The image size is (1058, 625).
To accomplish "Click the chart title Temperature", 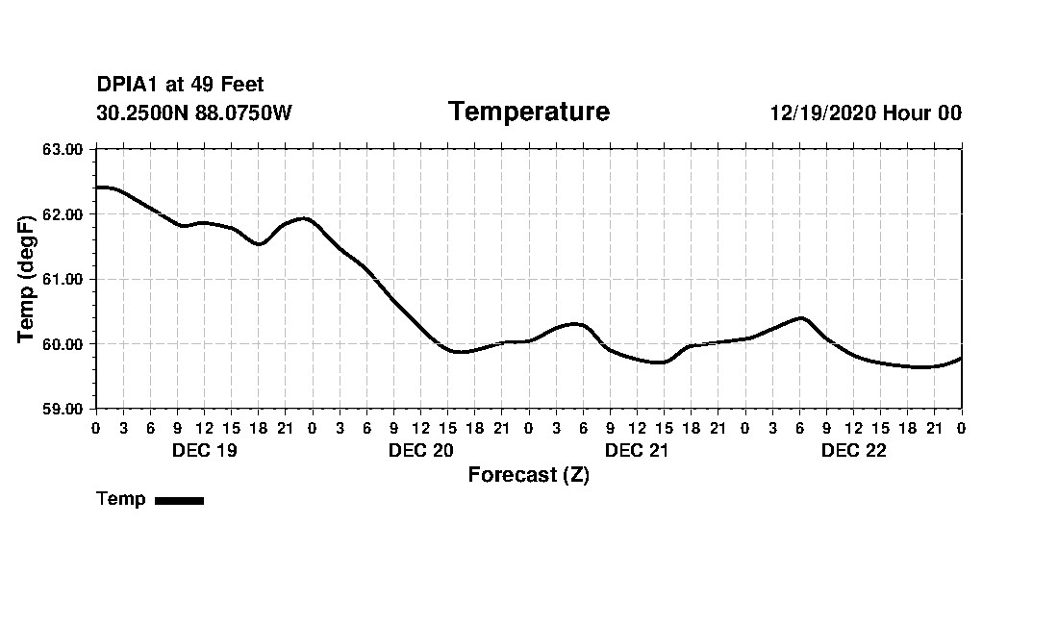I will (528, 112).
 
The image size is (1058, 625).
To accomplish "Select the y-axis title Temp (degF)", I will (28, 279).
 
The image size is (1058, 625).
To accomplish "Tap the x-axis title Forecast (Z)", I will (528, 475).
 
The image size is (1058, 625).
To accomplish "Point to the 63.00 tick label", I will (64, 149).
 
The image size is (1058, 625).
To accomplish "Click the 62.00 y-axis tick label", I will (64, 214).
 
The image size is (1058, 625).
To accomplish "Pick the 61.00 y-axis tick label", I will (64, 279).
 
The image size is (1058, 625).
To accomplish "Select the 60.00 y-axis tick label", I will (64, 344).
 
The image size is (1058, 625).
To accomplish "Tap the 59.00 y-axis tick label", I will (64, 409).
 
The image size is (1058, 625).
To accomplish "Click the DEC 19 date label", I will (204, 451).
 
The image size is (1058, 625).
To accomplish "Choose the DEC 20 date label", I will (420, 451).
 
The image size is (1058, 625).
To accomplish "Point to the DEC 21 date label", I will (637, 451).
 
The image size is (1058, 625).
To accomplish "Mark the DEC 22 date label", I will (853, 451).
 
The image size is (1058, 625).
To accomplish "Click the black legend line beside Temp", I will (179, 500).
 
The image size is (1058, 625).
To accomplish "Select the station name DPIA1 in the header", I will (128, 86).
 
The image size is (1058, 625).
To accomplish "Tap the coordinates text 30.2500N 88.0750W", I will (193, 113).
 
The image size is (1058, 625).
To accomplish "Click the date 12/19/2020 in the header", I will (822, 113).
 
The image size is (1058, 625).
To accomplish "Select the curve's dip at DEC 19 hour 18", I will (259, 244).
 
